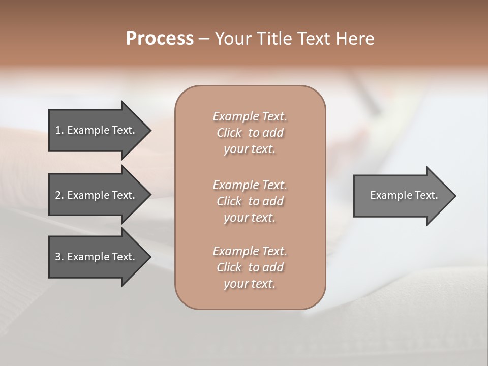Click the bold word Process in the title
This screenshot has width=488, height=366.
click(x=160, y=39)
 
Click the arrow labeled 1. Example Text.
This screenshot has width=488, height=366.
click(x=97, y=130)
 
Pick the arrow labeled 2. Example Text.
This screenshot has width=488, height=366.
click(x=97, y=195)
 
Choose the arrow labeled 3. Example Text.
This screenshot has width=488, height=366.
click(x=97, y=257)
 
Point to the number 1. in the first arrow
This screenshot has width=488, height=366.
click(x=59, y=130)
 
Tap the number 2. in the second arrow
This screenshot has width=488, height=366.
click(x=59, y=195)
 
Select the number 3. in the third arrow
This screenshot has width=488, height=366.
click(x=59, y=257)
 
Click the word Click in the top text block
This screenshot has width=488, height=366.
click(x=229, y=133)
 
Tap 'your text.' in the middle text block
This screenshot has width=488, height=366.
click(x=250, y=218)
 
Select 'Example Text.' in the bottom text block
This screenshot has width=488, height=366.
click(x=250, y=251)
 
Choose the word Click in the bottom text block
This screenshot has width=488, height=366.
click(x=229, y=267)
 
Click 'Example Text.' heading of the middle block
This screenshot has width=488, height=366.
click(x=250, y=185)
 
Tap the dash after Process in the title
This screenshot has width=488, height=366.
click(x=204, y=39)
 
